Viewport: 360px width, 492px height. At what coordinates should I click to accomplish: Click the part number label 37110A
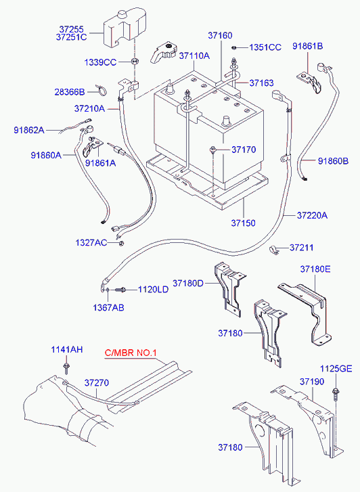(194, 56)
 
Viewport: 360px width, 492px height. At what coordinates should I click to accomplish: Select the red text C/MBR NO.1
(130, 353)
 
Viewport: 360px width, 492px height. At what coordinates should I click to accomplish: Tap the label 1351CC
(265, 47)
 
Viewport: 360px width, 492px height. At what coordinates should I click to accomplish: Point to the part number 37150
(243, 223)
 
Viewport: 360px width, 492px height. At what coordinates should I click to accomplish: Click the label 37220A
(312, 215)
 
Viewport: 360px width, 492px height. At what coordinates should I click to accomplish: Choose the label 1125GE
(336, 368)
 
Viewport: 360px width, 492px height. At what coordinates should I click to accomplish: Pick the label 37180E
(315, 269)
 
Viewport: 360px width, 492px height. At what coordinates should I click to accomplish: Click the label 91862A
(29, 130)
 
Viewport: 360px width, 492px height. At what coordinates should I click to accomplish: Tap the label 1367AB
(108, 307)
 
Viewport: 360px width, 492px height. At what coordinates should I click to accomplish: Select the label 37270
(97, 383)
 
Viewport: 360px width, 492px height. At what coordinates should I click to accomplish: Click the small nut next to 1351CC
(234, 47)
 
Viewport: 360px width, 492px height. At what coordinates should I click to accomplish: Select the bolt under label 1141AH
(66, 368)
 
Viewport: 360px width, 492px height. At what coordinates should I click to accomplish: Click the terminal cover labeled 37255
(125, 28)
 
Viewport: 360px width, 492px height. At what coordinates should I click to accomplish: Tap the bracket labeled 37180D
(229, 289)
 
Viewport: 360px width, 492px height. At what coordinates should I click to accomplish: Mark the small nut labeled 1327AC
(121, 243)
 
